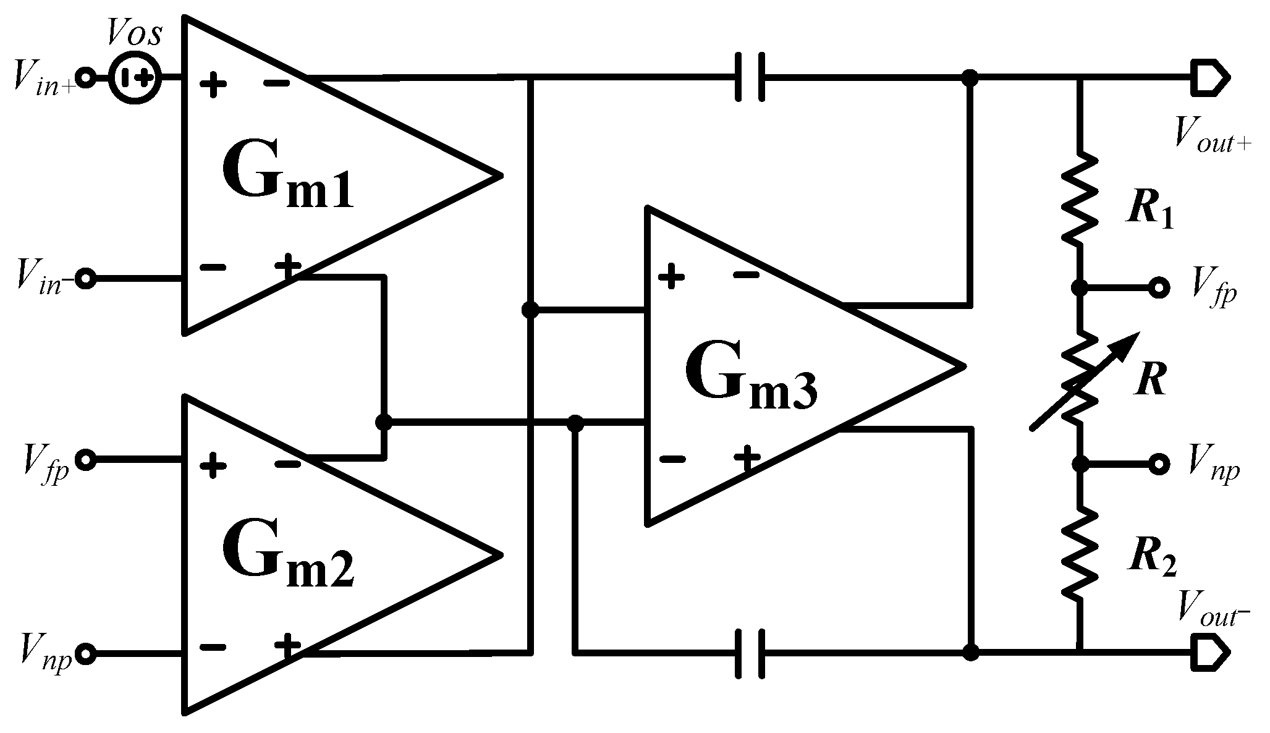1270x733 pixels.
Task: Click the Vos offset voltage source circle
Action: [135, 78]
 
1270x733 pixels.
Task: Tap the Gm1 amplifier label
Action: [287, 177]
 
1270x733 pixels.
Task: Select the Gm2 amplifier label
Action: [287, 556]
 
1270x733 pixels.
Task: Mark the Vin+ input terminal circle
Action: [86, 78]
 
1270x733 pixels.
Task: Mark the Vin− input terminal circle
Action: [86, 279]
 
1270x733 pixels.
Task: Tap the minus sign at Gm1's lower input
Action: [213, 268]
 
